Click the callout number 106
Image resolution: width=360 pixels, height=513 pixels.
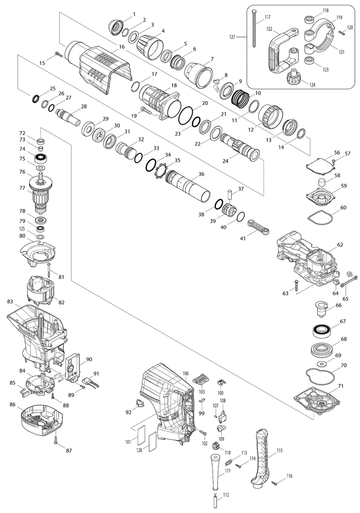pos(186,374)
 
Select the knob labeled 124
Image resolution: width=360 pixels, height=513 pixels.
pos(293,78)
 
